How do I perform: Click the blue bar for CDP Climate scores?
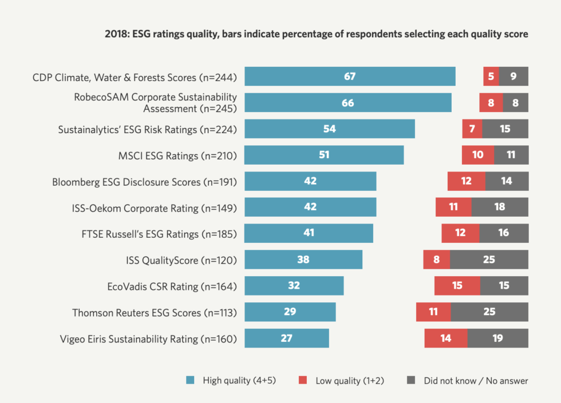coord(350,77)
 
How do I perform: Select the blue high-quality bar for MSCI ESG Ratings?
coord(324,155)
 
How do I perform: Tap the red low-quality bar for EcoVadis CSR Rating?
coord(457,286)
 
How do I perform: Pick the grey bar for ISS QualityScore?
coord(489,260)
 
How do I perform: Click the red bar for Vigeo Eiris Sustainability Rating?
coord(445,338)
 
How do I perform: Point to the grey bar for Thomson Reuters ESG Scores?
coord(489,312)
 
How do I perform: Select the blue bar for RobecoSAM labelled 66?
coord(347,103)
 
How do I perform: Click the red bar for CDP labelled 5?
coord(491,77)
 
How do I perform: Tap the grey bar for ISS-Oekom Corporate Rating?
coord(500,207)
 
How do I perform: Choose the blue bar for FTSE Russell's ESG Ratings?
coord(309,233)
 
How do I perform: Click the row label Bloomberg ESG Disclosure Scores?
coord(144,182)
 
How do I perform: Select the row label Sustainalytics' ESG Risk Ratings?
coord(148,130)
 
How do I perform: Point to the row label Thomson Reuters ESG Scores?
coord(155,313)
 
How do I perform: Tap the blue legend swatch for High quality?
coord(191,380)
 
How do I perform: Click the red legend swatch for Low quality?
coord(303,380)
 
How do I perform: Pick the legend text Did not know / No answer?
coord(476,380)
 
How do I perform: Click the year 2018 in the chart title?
coord(117,34)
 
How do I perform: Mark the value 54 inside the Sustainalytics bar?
coord(329,129)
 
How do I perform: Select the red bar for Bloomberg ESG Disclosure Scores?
coord(466,181)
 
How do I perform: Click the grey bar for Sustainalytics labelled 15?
coord(505,129)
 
